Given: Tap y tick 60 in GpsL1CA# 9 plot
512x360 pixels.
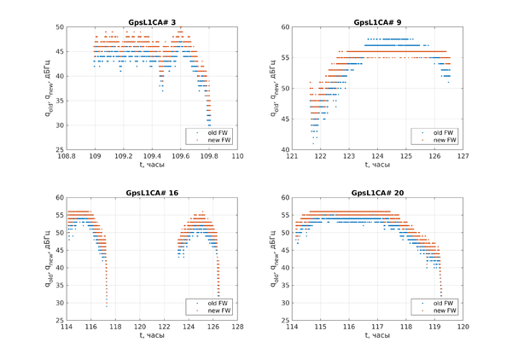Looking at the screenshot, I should (286, 26).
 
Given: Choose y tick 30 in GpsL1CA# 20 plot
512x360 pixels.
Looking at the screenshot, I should (286, 304).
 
